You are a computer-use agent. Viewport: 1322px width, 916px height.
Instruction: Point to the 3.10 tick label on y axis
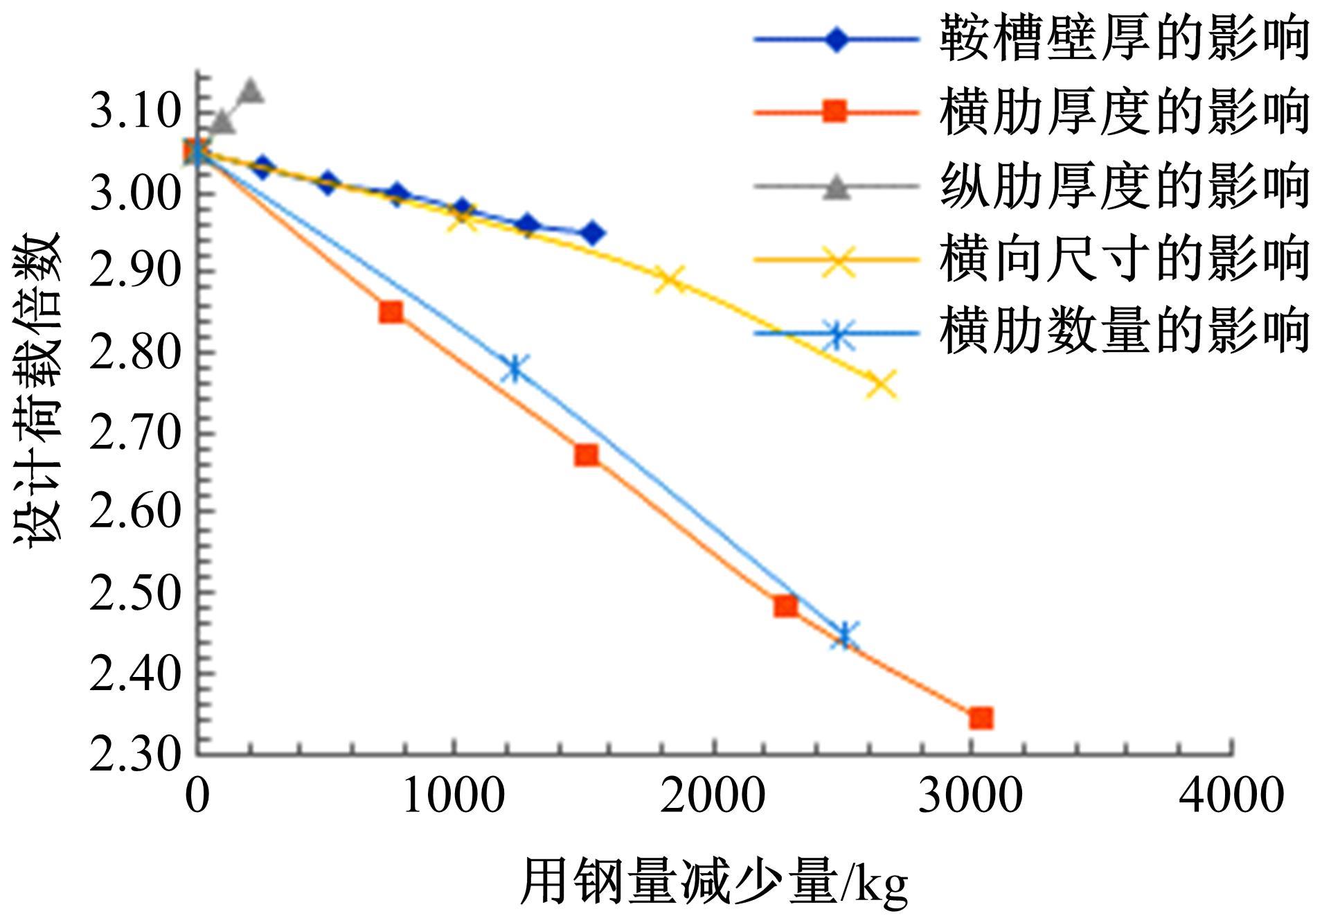134,111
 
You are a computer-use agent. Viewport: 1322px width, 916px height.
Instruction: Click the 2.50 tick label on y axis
134,592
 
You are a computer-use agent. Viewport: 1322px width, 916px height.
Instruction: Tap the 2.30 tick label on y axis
134,754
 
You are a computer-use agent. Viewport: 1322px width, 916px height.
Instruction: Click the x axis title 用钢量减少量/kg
713,882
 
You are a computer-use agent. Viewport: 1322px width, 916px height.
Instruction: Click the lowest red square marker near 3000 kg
981,718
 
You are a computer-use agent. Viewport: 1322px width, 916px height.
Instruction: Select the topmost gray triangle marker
250,90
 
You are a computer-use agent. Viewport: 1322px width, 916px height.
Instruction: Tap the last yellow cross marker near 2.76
882,384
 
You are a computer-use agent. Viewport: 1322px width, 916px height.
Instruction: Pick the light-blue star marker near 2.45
844,634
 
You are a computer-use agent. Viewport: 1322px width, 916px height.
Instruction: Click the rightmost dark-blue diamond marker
591,234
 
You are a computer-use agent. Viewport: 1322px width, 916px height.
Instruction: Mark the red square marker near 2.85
391,312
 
